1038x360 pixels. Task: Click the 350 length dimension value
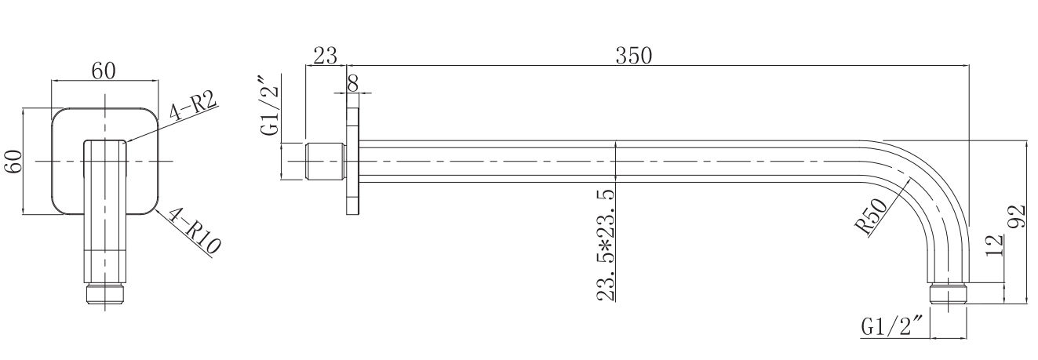click(x=634, y=56)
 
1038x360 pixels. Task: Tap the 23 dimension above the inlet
click(x=325, y=56)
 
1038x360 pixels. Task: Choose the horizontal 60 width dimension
click(x=104, y=71)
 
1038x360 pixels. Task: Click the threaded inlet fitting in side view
click(x=324, y=161)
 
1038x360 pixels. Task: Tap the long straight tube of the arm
click(x=612, y=161)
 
